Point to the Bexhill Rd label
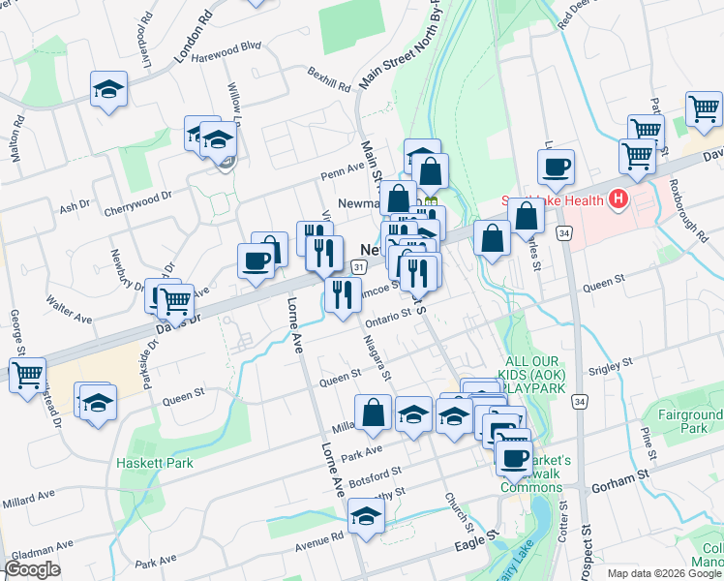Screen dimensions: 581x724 pyautogui.click(x=329, y=78)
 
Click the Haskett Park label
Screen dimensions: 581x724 pyautogui.click(x=155, y=463)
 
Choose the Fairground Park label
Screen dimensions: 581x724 pyautogui.click(x=686, y=421)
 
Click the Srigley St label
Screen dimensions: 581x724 pyautogui.click(x=610, y=365)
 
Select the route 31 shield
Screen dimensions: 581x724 pyautogui.click(x=358, y=265)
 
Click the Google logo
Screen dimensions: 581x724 pyautogui.click(x=34, y=569)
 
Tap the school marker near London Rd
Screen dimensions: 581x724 pyautogui.click(x=108, y=91)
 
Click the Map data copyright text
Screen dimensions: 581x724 pyautogui.click(x=663, y=572)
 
